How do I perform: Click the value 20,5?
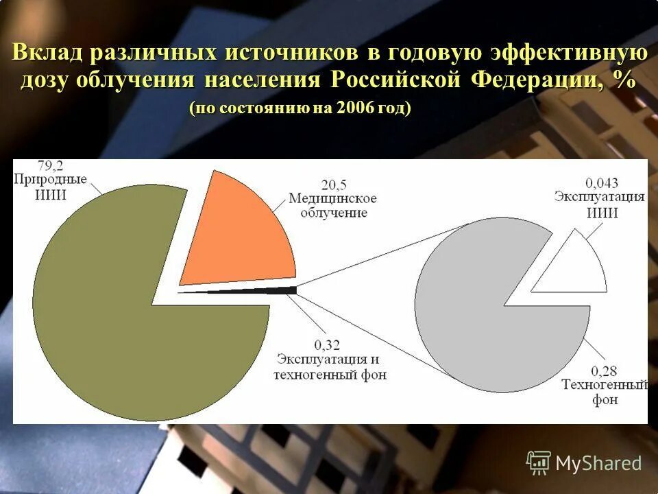point(335,185)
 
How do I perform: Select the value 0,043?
point(601,183)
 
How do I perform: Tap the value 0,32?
point(328,344)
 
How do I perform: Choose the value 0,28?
point(604,371)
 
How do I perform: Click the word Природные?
point(50,180)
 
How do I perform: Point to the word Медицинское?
point(332,199)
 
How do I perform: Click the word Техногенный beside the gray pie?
point(604,386)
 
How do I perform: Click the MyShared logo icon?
point(538,462)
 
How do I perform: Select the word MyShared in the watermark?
point(598,464)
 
